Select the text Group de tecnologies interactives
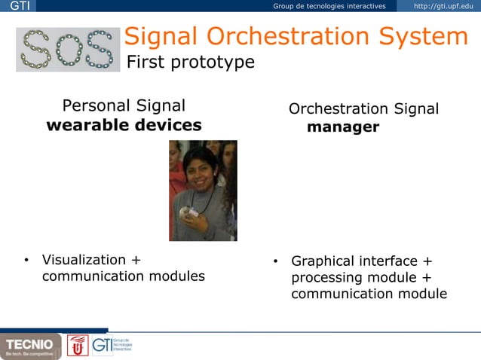[329, 7]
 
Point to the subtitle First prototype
[190, 62]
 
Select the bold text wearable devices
[124, 125]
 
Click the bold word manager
[342, 127]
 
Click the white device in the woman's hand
[193, 213]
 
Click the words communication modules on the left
[123, 276]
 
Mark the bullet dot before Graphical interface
[276, 262]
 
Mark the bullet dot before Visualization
[26, 261]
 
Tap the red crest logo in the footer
[78, 345]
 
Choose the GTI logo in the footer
[112, 345]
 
